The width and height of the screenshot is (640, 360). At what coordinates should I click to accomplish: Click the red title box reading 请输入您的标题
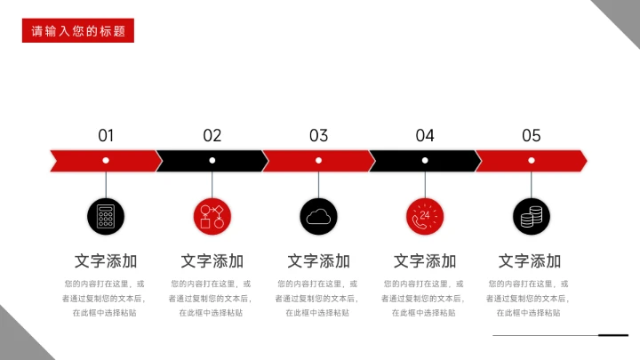(x=78, y=31)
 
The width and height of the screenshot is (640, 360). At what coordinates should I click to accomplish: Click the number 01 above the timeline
(x=106, y=135)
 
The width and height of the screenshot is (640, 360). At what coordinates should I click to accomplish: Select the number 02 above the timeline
(x=212, y=135)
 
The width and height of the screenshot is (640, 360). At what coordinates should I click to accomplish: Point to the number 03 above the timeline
(x=318, y=135)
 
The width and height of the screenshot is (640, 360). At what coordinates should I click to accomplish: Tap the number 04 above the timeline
(x=425, y=135)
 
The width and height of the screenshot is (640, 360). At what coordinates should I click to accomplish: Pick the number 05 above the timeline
(x=532, y=135)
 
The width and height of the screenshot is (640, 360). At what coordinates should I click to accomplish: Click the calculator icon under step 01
(x=106, y=216)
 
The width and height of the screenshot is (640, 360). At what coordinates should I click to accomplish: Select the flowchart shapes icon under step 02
(x=212, y=216)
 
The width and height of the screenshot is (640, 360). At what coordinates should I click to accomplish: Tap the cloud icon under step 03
(x=318, y=216)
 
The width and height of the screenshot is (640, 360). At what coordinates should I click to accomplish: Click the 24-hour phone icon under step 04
(x=425, y=216)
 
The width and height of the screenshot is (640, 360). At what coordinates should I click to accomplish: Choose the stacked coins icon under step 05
(x=532, y=216)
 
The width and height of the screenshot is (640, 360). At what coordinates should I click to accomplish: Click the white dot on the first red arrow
(x=106, y=160)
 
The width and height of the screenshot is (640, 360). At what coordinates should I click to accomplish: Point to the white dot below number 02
(x=212, y=160)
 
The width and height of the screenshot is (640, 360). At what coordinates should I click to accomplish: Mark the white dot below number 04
(x=425, y=160)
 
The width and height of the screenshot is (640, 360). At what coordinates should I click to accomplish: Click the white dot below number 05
(x=532, y=160)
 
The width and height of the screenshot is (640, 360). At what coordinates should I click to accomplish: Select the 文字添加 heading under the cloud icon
(x=318, y=261)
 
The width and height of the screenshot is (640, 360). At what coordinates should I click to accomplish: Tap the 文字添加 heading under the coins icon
(x=530, y=261)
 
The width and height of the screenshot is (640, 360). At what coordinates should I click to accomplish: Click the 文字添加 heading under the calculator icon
(x=106, y=261)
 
